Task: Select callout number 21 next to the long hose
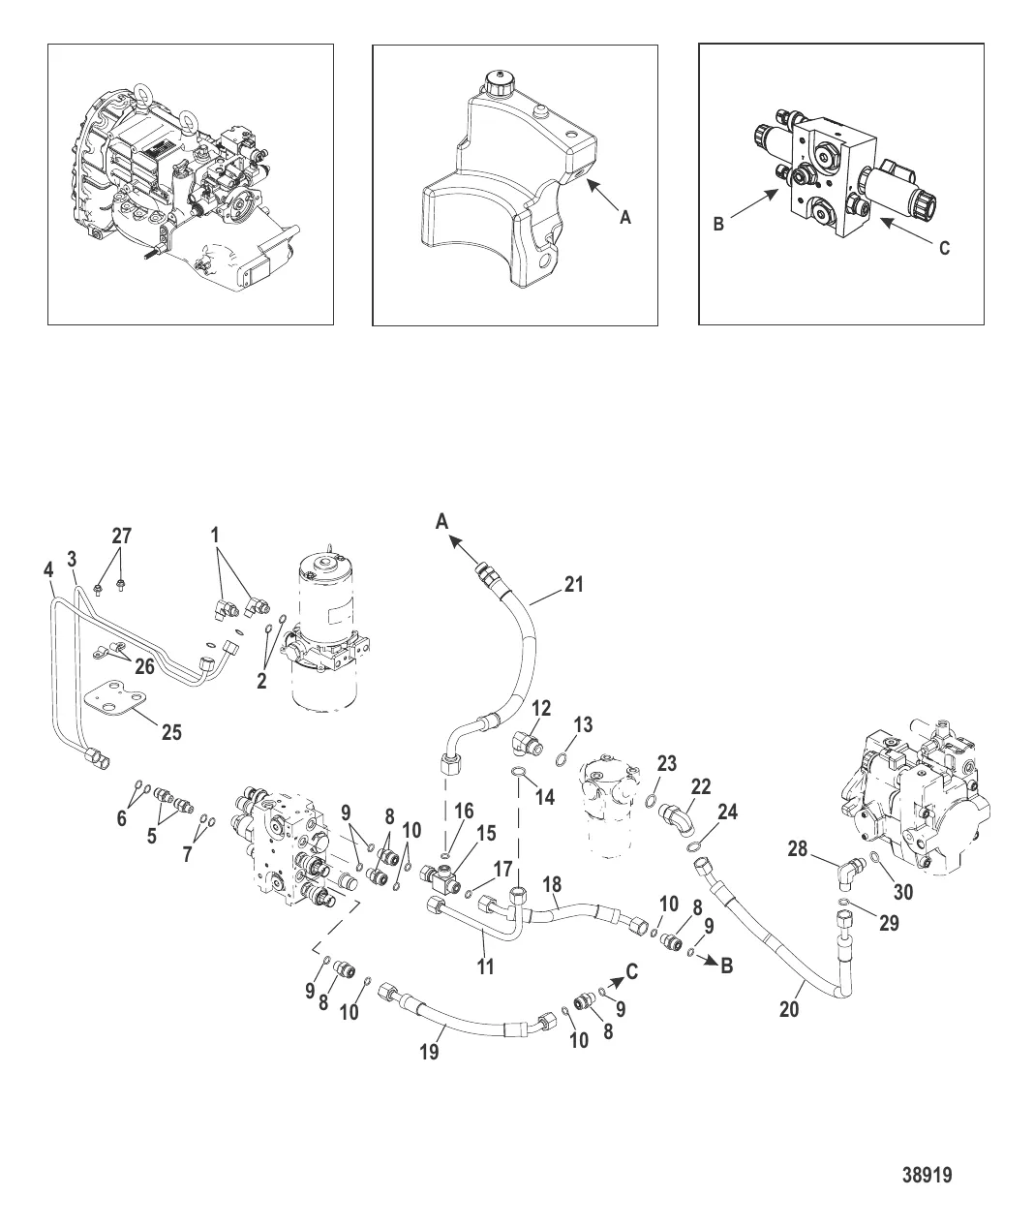tap(573, 584)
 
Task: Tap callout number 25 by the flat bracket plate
tap(171, 732)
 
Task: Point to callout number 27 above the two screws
tap(122, 536)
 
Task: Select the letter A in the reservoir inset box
tap(625, 218)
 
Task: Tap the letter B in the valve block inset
tap(718, 224)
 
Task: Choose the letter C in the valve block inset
tap(944, 249)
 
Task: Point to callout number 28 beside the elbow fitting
tap(797, 848)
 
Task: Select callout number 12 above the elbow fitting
tap(540, 708)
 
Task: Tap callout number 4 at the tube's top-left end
tap(48, 569)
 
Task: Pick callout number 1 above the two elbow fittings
tap(215, 535)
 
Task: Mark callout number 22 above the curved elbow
tap(701, 786)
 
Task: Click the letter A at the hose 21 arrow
tap(441, 521)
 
